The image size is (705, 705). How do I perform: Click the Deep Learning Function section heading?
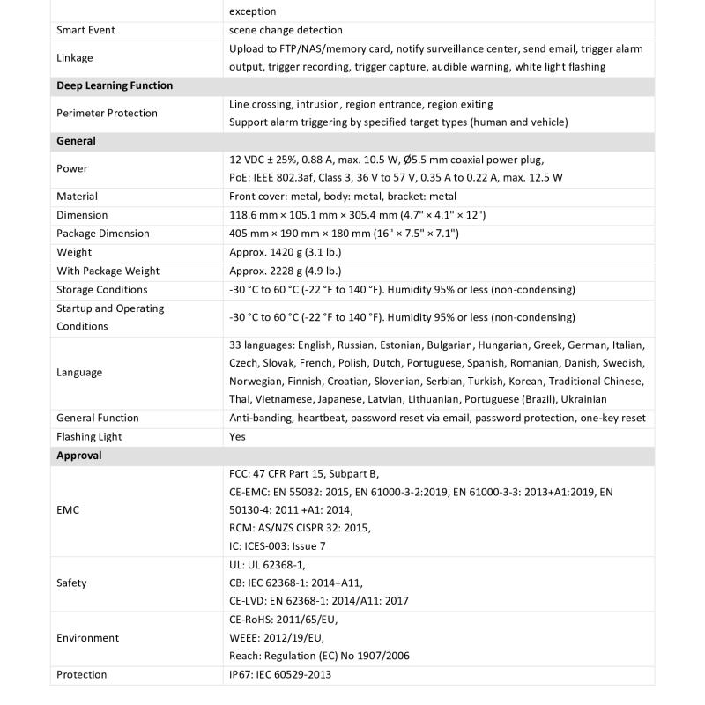tap(115, 85)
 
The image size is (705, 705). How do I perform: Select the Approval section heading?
tap(79, 456)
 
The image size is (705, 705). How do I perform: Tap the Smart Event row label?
tap(85, 30)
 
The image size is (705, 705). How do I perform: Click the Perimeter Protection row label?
tap(107, 113)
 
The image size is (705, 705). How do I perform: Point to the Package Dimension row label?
tap(103, 234)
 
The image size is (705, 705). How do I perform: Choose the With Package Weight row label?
tap(108, 271)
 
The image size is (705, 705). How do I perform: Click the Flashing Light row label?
tap(89, 436)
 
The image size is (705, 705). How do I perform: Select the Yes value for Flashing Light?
tap(237, 436)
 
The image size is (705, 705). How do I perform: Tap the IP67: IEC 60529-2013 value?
tap(280, 674)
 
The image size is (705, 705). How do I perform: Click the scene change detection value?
tap(286, 30)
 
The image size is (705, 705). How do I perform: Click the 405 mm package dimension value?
tap(344, 234)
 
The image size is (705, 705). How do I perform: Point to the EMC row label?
tap(68, 509)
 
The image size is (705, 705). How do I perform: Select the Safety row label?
tap(71, 583)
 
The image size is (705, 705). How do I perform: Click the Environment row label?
tap(87, 637)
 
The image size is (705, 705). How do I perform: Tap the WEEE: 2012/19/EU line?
tap(276, 637)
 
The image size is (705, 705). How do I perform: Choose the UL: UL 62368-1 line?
tap(267, 565)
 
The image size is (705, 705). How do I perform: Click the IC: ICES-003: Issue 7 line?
tap(277, 546)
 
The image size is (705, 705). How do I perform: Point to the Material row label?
tap(77, 197)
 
